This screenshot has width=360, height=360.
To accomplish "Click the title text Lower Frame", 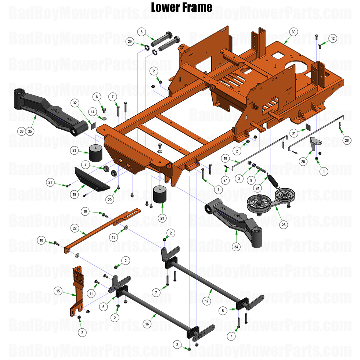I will click(x=182, y=7).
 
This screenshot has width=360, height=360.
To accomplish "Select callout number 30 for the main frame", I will click(x=293, y=32).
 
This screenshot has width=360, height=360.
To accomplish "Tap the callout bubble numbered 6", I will click(x=141, y=32).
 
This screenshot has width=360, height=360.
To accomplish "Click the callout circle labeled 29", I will click(x=129, y=42).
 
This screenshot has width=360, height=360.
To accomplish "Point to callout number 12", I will click(x=332, y=38).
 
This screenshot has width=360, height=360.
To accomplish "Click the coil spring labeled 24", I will click(x=273, y=180).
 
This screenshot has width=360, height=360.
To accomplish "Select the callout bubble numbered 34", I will click(x=236, y=247).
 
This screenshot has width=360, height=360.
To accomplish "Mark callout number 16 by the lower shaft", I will click(x=147, y=324).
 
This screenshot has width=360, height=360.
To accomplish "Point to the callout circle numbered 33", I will click(x=22, y=131).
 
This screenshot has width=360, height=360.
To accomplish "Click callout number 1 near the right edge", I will click(x=324, y=171).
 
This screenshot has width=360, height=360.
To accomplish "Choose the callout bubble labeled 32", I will click(x=75, y=104).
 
